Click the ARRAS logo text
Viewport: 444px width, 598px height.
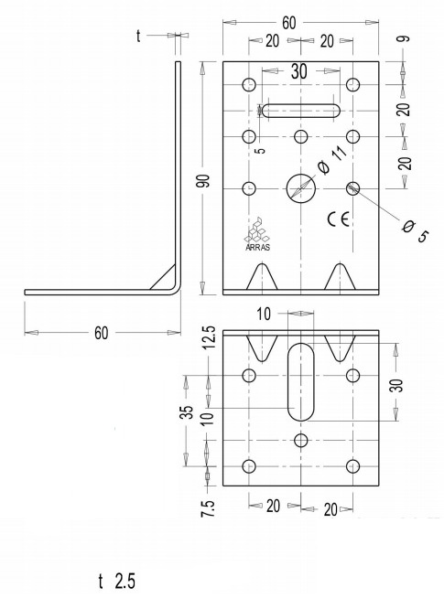[x=257, y=247]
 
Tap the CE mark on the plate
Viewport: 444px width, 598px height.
[x=338, y=219]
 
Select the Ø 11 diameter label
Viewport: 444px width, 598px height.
[x=332, y=160]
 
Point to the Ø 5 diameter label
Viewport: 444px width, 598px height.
[x=415, y=231]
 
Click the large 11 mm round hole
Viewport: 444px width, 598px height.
[x=301, y=188]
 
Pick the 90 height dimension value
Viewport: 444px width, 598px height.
[x=205, y=180]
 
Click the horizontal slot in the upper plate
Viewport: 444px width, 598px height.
[x=301, y=111]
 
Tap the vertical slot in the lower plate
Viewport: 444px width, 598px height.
[x=301, y=381]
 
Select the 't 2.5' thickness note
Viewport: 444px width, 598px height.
[x=117, y=582]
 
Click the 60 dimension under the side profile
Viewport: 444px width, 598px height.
[x=102, y=333]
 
